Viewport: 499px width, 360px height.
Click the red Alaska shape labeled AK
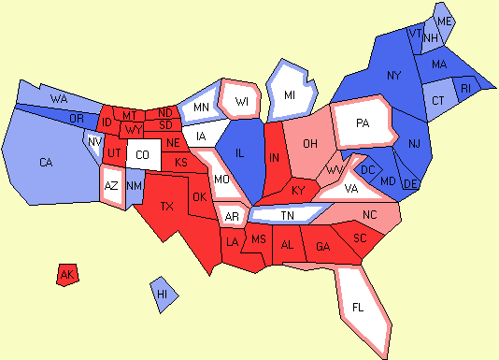[66, 275]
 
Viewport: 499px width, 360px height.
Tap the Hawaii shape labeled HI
[163, 294]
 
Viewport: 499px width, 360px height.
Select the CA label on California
[46, 163]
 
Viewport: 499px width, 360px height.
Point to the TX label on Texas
[167, 206]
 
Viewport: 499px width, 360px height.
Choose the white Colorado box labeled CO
[141, 154]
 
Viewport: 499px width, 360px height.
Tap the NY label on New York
[393, 75]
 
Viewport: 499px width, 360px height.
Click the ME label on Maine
[444, 21]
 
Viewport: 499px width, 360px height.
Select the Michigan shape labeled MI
[290, 95]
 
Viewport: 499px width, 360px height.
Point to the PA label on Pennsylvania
[362, 122]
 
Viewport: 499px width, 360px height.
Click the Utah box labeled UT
[113, 152]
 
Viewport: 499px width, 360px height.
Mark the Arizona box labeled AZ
[111, 185]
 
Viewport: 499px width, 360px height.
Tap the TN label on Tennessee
[287, 215]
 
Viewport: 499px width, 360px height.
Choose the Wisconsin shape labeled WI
[241, 101]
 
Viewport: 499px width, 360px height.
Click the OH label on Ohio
[310, 143]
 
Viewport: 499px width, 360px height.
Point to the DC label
[367, 169]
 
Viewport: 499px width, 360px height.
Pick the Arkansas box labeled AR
[231, 217]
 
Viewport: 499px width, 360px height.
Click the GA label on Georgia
[322, 247]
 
